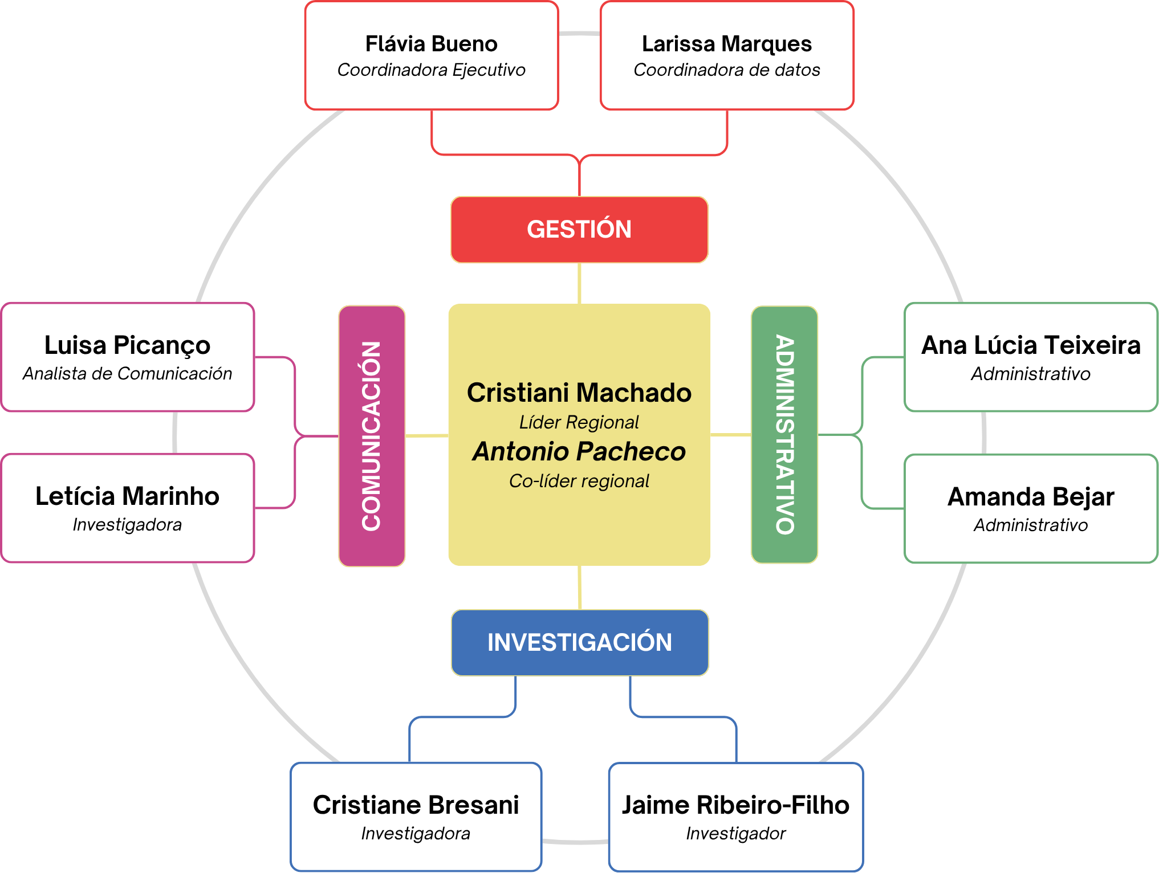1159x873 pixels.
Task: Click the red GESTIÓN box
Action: [x=579, y=230]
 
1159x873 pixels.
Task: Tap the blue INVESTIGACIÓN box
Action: [x=579, y=643]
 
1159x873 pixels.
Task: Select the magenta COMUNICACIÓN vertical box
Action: [x=372, y=436]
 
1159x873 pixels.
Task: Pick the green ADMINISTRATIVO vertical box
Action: [x=784, y=435]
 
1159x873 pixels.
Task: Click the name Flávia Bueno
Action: [x=431, y=44]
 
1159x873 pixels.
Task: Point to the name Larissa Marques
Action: [x=727, y=44]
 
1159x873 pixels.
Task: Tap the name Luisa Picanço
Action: [x=127, y=345]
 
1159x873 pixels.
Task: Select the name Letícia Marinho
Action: [x=127, y=496]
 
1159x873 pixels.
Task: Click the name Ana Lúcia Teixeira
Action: [x=1031, y=345]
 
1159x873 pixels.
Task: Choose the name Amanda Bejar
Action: [x=1031, y=497]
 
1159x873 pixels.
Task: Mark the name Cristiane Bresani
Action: [x=416, y=805]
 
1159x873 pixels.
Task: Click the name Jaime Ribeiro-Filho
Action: [x=735, y=805]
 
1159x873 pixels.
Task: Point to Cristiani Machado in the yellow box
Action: [x=579, y=393]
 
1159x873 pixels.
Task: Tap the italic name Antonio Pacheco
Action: [x=579, y=451]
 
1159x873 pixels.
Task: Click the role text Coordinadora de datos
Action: [x=727, y=70]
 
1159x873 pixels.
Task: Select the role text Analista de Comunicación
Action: [x=127, y=374]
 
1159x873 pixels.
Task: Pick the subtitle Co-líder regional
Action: [x=579, y=481]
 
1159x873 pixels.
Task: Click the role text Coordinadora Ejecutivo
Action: [x=431, y=70]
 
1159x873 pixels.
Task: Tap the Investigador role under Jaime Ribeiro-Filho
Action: [x=735, y=834]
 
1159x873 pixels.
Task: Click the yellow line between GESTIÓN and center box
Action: [x=579, y=283]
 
